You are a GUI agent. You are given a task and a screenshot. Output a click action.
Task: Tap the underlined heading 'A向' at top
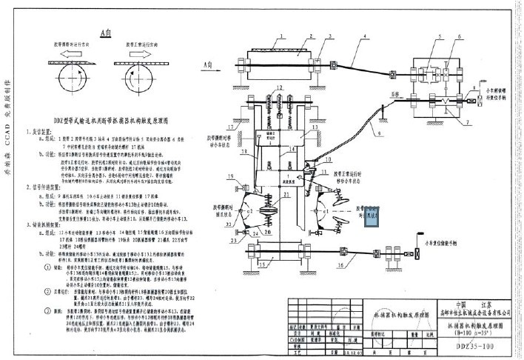click(106, 33)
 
